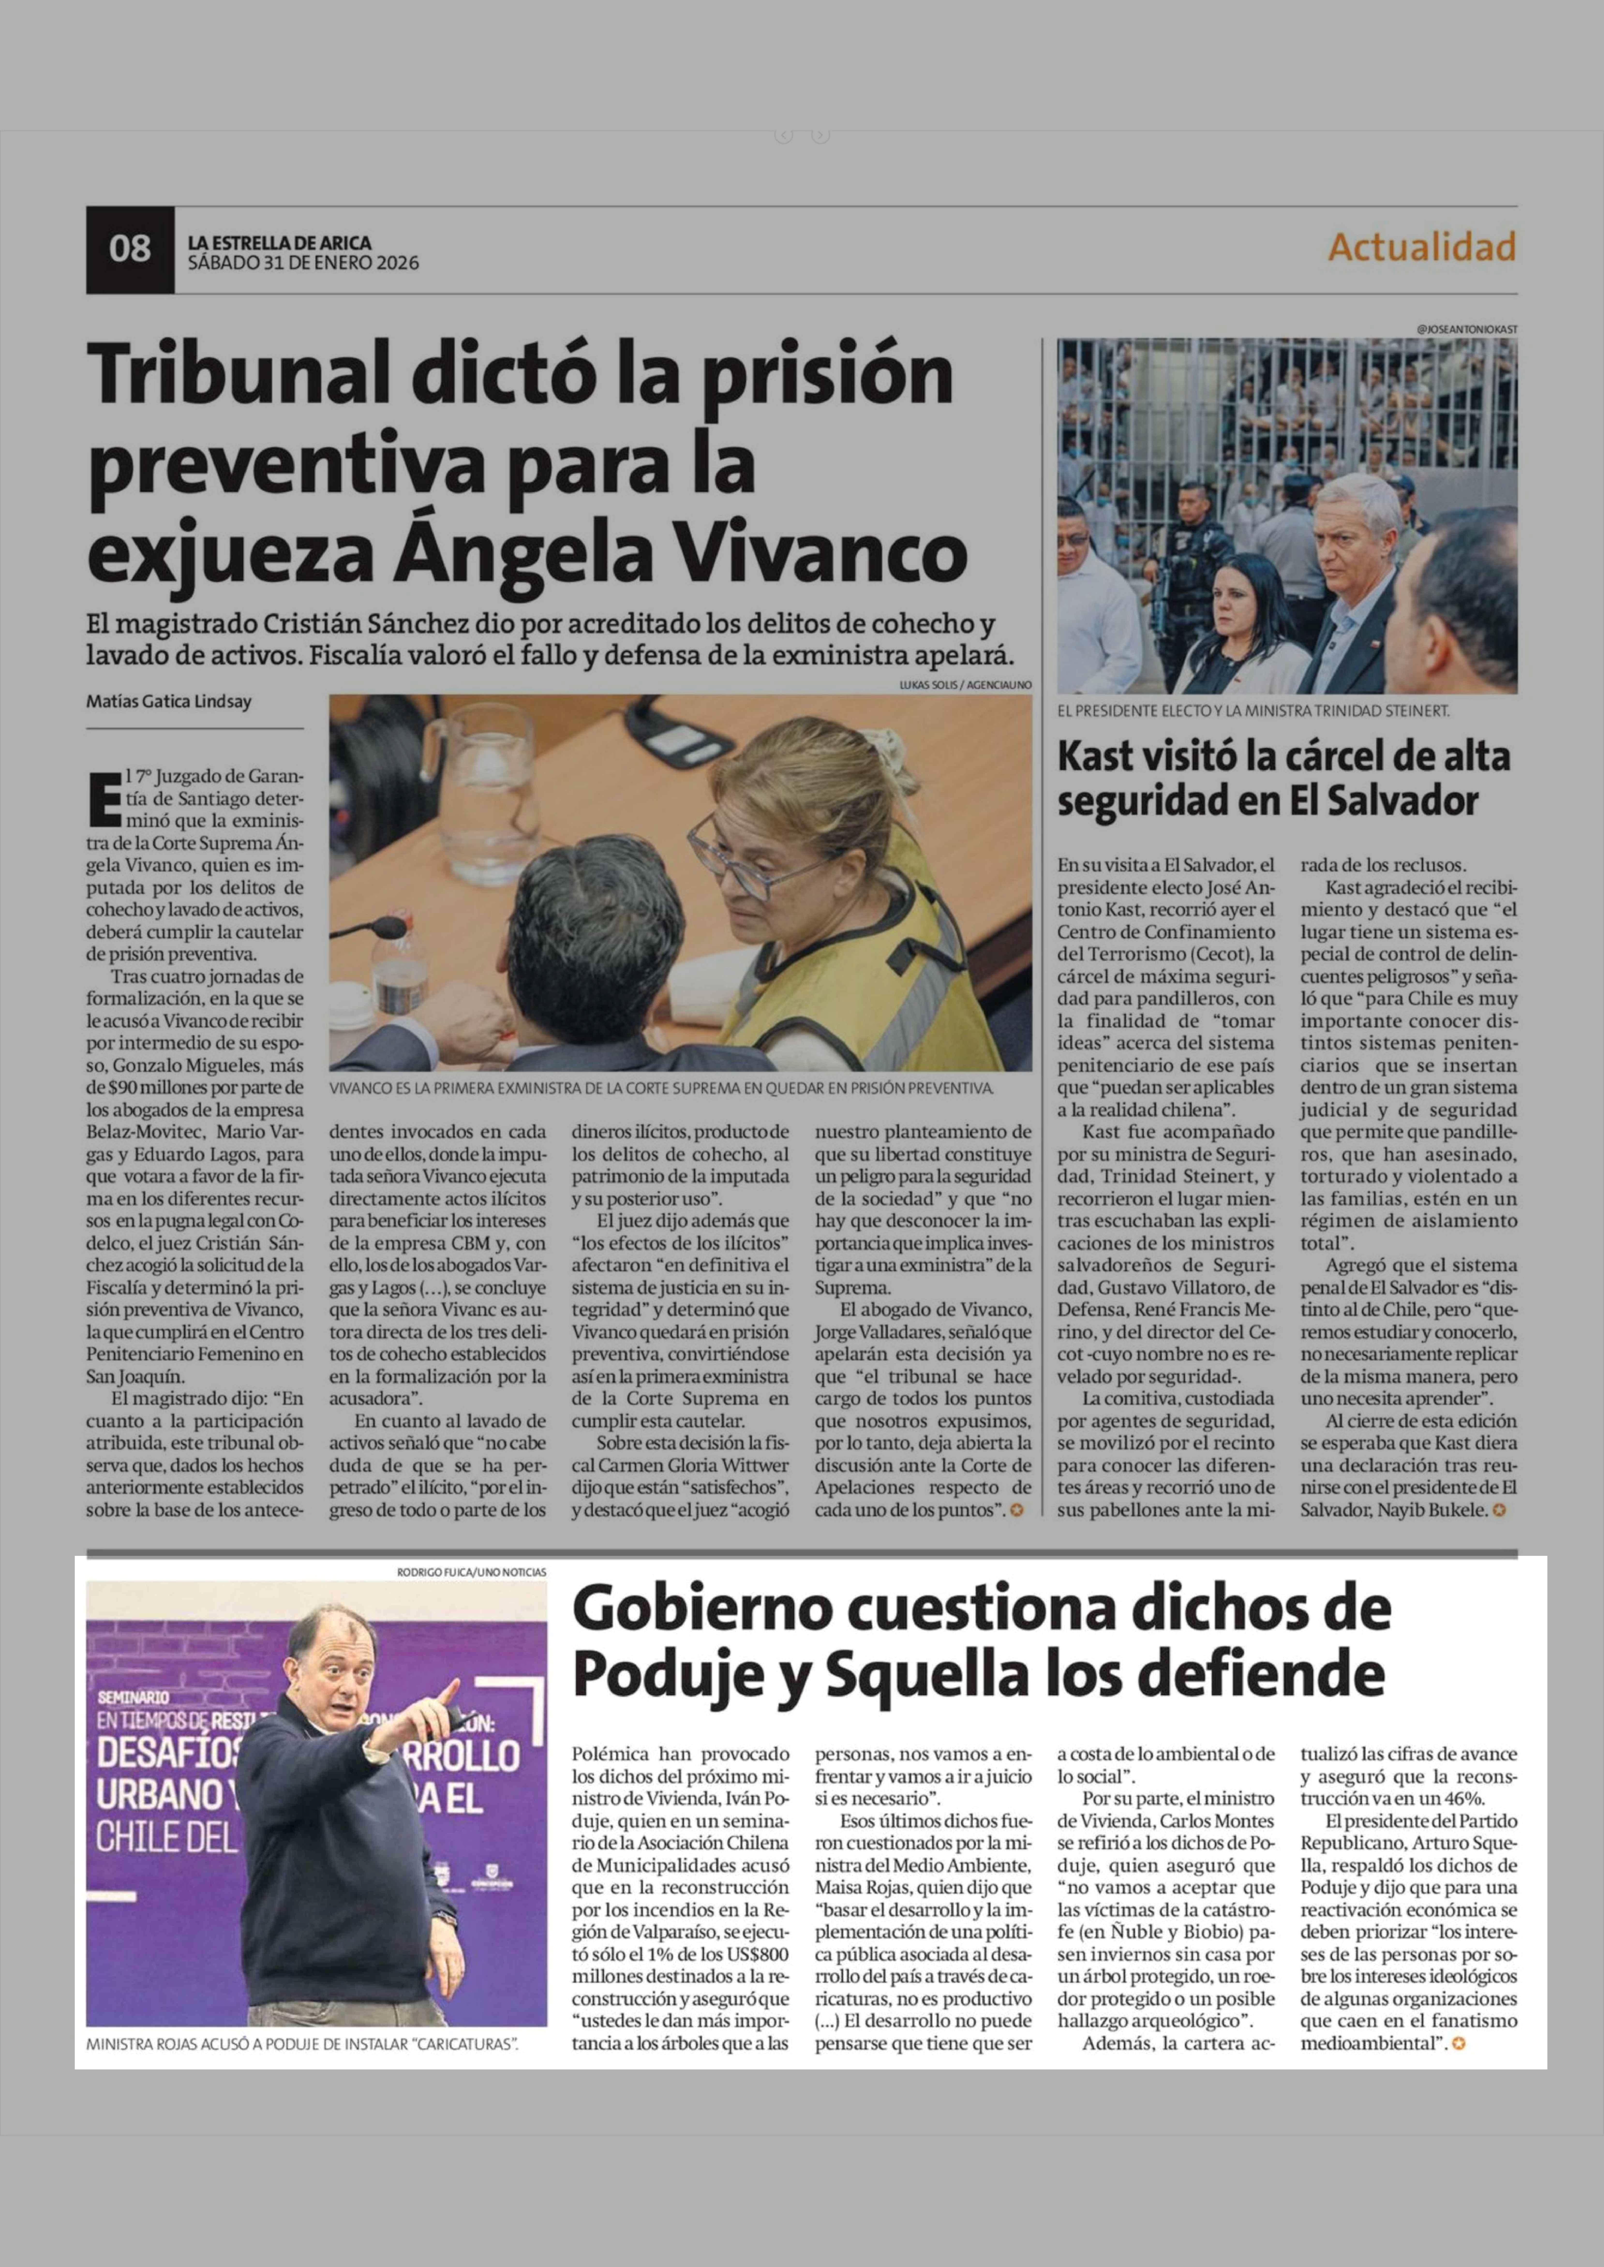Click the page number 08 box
pyautogui.click(x=129, y=249)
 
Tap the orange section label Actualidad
pyautogui.click(x=1421, y=247)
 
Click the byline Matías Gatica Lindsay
pyautogui.click(x=169, y=702)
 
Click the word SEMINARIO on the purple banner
pyautogui.click(x=133, y=1697)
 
